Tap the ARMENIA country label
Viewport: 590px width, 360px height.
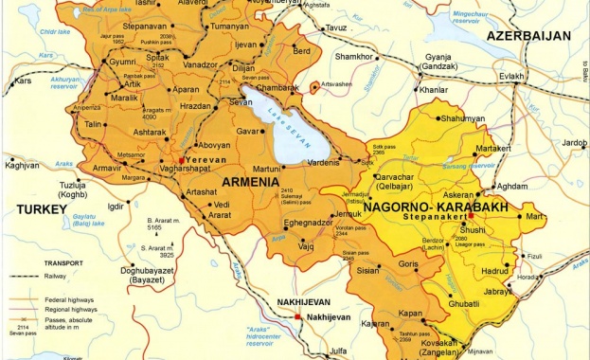pos(252,181)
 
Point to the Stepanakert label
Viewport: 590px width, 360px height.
pos(435,217)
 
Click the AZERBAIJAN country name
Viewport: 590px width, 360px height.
pos(528,36)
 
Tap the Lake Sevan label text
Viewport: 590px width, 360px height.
pos(281,121)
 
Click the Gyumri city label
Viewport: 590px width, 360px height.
pos(122,62)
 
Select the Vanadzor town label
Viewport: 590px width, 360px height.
pos(201,63)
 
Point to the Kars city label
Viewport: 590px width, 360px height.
pos(23,81)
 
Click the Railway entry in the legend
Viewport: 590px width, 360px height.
pos(61,276)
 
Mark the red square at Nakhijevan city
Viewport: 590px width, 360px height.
pos(296,316)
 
